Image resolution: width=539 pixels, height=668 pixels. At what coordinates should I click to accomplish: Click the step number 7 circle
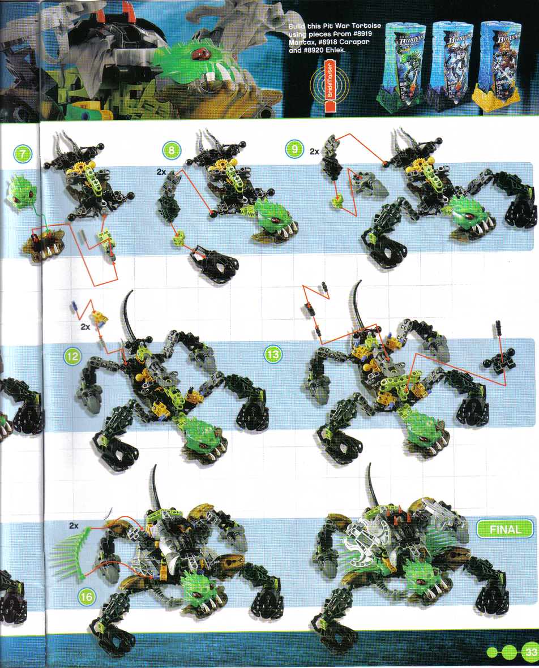tap(23, 153)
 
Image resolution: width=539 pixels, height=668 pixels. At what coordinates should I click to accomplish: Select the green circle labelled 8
tap(172, 150)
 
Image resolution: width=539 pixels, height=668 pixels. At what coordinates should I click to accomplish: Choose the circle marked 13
tap(273, 355)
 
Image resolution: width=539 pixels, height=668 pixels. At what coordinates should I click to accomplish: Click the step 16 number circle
tap(87, 596)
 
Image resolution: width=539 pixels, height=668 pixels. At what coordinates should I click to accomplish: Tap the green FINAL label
tap(505, 530)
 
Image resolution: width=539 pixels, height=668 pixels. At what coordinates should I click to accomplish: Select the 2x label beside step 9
tap(315, 152)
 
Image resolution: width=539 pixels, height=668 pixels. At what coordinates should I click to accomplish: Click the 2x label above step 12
tap(85, 326)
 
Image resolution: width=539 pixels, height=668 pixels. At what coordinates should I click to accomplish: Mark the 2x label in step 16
tap(73, 525)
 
